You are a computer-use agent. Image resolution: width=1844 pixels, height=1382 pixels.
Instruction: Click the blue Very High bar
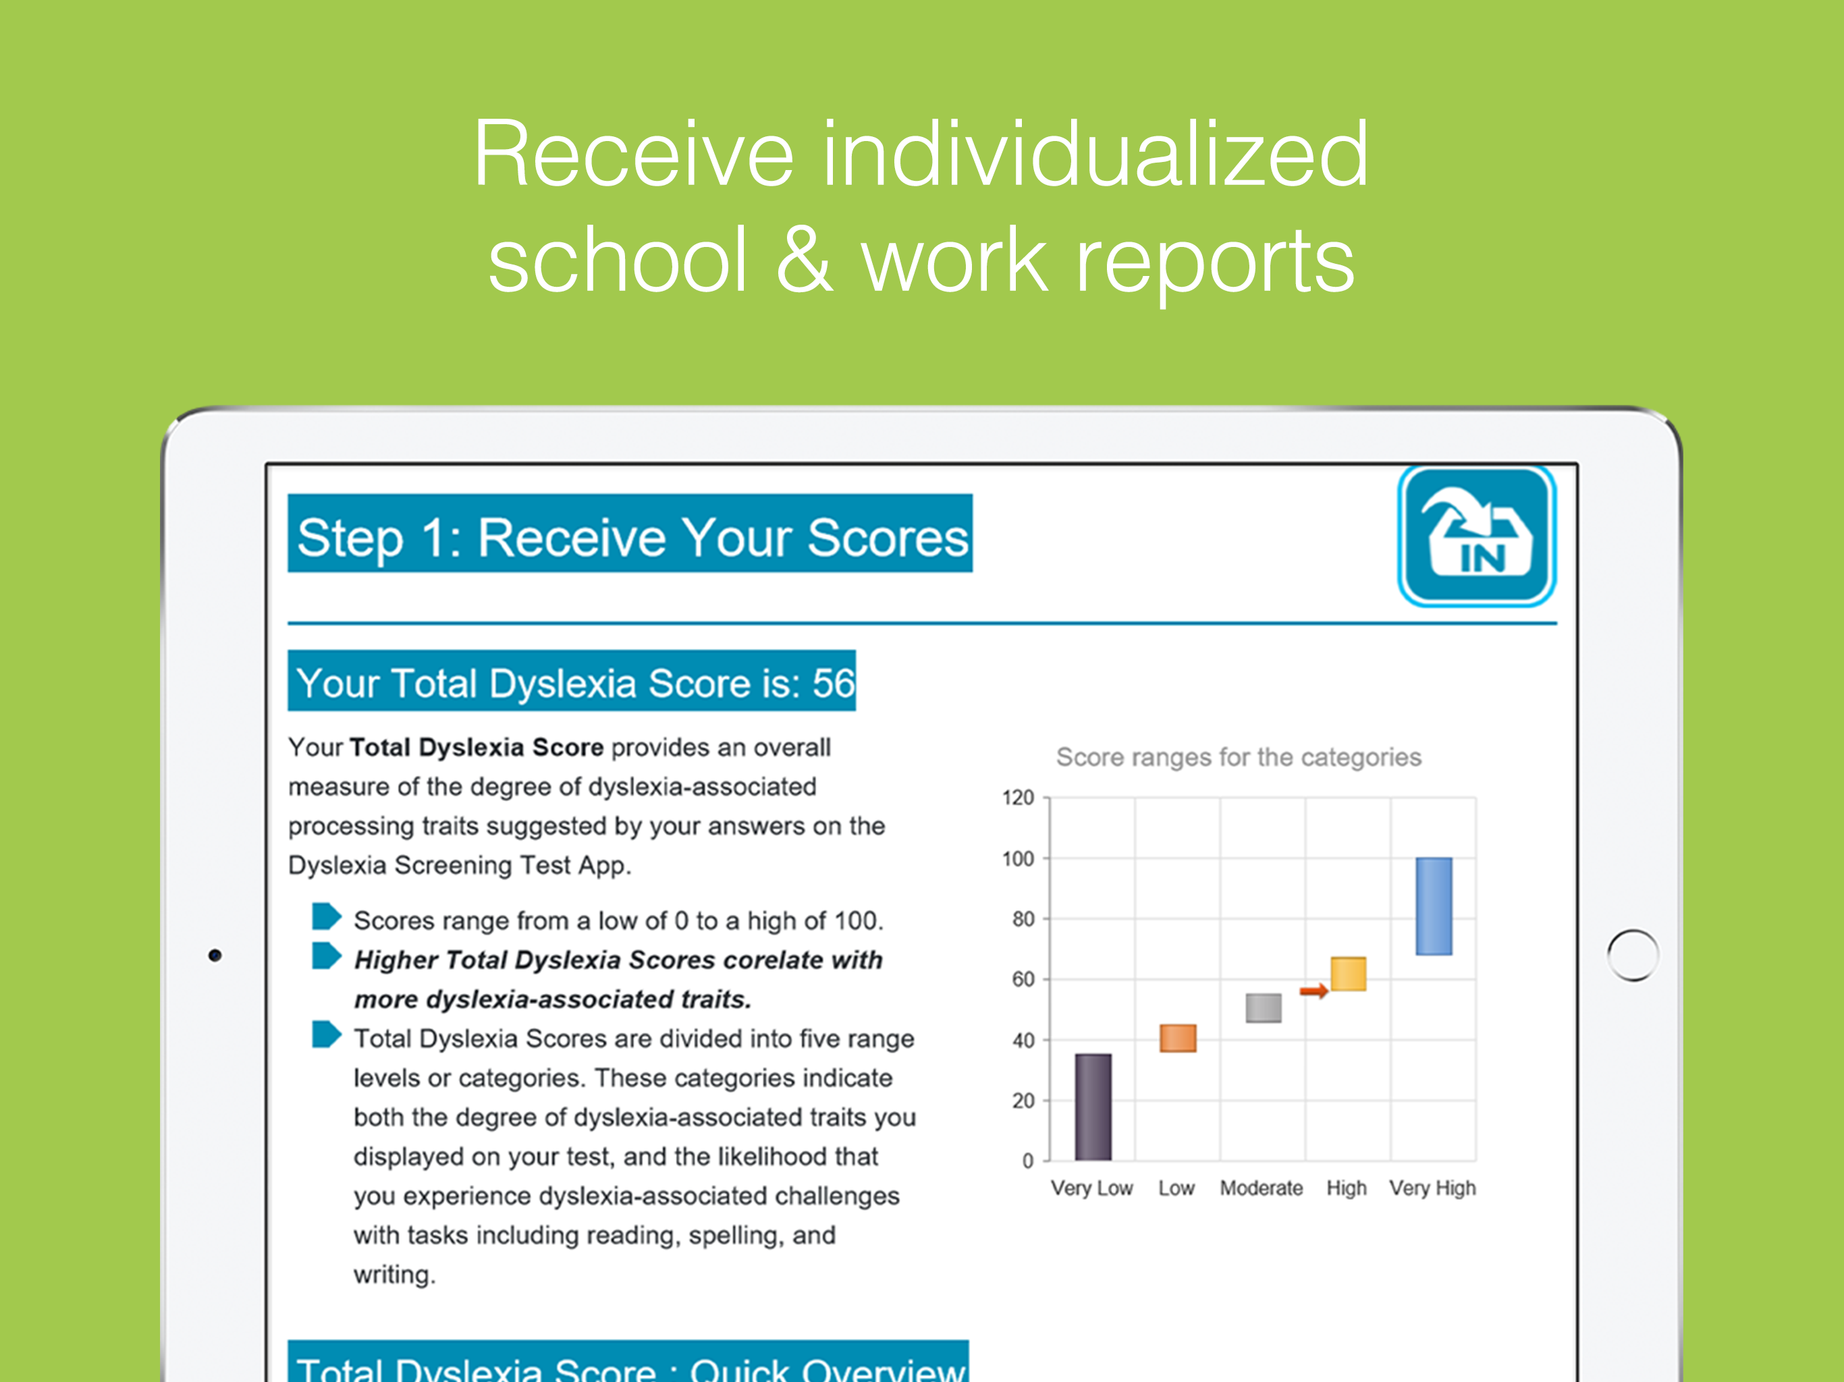pos(1433,906)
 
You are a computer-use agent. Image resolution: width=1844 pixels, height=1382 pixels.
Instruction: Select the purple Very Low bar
pos(1092,1107)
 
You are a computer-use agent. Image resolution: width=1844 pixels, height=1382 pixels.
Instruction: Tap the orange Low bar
pos(1177,1038)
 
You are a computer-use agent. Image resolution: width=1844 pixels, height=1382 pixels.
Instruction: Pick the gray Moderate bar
pos(1263,1007)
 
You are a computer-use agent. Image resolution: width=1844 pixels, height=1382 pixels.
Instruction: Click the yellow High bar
pos(1348,974)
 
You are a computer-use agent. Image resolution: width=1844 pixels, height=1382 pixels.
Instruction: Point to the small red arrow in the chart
pos(1313,990)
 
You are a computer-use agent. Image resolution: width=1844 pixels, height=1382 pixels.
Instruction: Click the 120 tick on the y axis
pos(1018,798)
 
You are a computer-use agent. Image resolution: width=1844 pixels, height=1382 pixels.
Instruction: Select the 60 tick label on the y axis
pos(1023,979)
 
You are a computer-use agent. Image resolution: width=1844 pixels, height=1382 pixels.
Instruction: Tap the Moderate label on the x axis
pos(1262,1188)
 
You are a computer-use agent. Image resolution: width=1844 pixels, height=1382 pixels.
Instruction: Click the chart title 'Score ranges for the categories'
pos(1238,757)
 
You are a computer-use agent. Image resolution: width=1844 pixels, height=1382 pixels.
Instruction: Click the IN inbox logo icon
pos(1476,535)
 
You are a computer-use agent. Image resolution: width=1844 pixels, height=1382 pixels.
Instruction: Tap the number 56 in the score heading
pos(834,684)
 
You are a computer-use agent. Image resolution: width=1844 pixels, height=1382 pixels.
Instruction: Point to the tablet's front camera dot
pos(215,956)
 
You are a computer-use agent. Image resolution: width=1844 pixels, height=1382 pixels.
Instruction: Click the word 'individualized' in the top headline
pos(1095,155)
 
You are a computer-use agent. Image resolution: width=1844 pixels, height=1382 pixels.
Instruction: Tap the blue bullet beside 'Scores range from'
pos(326,916)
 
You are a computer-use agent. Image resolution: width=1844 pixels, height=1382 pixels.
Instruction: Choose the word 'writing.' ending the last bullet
pos(394,1275)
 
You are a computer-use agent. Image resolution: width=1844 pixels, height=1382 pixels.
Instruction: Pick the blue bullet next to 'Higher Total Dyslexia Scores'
pos(326,956)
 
